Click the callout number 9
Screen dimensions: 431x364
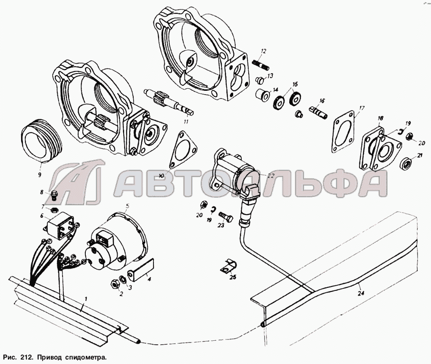pos(40,174)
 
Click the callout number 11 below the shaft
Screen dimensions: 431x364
pos(186,121)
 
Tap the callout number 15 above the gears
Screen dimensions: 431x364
pos(295,84)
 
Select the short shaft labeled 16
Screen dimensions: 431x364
pos(318,111)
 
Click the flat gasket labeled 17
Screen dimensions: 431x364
pos(344,132)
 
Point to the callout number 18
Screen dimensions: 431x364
pos(380,118)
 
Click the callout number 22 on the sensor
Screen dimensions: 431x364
pos(271,176)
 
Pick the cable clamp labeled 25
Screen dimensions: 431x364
pos(228,267)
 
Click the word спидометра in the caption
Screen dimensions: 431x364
pos(85,358)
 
